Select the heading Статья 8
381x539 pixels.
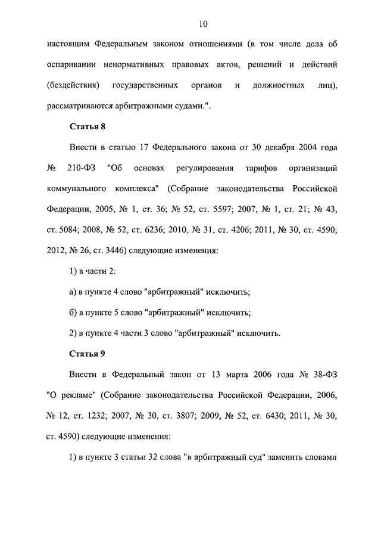click(88, 126)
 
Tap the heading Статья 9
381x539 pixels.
click(88, 354)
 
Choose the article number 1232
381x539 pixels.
click(104, 416)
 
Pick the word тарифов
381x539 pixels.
click(252, 167)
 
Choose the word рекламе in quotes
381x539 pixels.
click(78, 395)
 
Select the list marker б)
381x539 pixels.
click(74, 312)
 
